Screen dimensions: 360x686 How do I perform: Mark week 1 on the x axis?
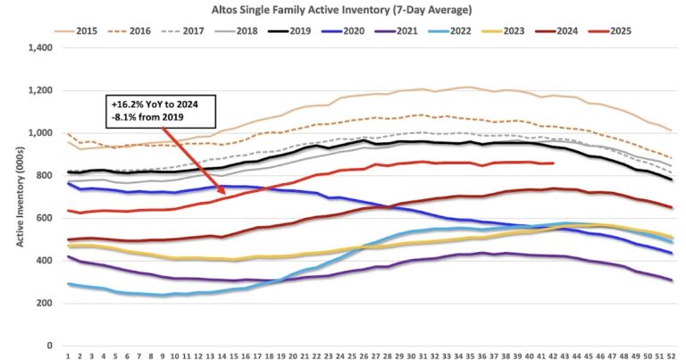click(69, 355)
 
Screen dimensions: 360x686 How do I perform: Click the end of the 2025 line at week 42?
click(554, 163)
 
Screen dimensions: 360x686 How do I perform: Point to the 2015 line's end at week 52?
click(671, 130)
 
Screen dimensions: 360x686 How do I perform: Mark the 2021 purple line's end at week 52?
click(671, 280)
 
